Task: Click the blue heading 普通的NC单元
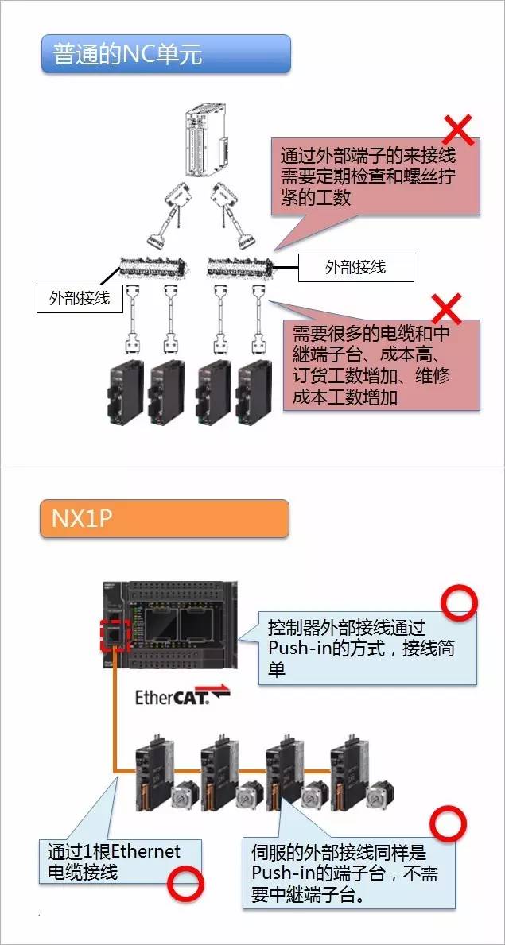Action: pos(166,53)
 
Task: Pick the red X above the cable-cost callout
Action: pos(445,308)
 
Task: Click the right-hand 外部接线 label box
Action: pos(355,267)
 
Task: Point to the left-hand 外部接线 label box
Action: pos(80,299)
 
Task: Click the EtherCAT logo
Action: pos(182,697)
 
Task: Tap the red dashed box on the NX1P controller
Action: pos(113,633)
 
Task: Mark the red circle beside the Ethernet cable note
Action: pos(185,883)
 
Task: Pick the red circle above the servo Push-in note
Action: pos(448,826)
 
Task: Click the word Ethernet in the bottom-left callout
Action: pos(146,852)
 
